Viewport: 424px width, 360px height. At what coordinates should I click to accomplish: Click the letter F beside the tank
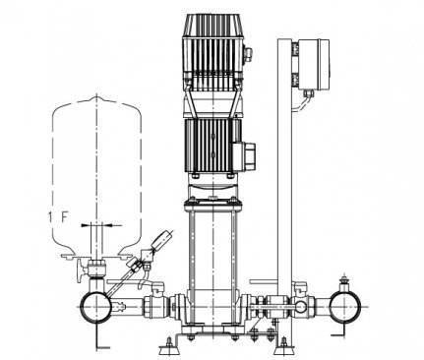tap(64, 217)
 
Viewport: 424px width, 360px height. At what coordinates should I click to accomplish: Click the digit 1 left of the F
tap(50, 217)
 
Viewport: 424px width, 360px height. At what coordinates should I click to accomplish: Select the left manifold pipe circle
tap(96, 307)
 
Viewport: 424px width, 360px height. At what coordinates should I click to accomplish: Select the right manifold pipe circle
tap(345, 307)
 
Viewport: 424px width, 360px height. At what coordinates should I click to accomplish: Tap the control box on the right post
tap(313, 64)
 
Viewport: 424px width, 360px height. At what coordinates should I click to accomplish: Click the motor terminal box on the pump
tap(244, 156)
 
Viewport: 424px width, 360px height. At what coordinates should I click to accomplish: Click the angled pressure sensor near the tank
tap(161, 240)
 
